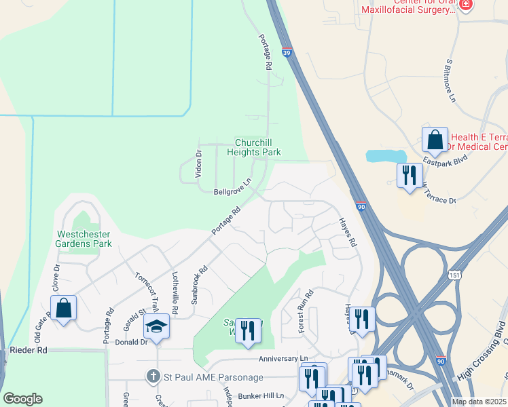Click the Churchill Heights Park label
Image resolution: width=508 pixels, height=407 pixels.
coord(257,147)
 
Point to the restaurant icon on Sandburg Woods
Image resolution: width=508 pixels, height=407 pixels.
coord(248,330)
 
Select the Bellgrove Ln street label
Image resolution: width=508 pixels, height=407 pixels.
coord(233,187)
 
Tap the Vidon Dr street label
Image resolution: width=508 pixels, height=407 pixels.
coord(199,163)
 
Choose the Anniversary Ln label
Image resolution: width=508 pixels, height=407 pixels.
coord(283,358)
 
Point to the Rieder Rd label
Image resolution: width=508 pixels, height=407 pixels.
coord(29,350)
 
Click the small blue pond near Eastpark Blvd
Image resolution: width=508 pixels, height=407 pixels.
coord(386,156)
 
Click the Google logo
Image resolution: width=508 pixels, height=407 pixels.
coord(22,399)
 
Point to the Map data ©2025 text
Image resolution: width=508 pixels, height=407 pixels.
coord(478,402)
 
